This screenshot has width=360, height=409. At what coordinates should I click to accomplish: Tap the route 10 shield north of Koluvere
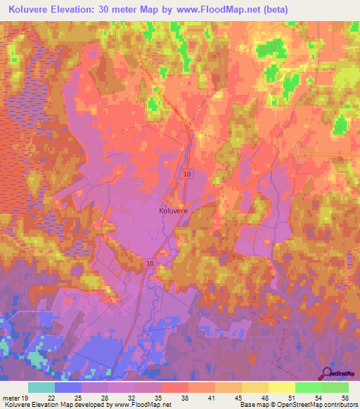186,174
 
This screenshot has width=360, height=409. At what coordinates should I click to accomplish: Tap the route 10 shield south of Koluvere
150,263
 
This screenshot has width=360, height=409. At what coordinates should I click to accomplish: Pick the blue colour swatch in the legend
67,387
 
